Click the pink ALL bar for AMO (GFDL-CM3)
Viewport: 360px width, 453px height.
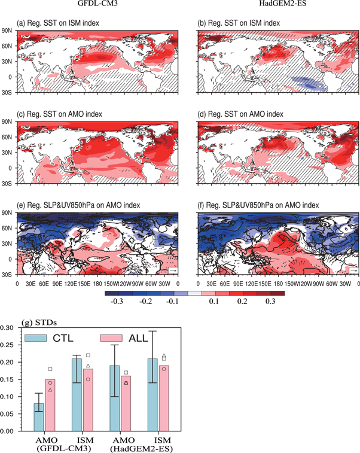point(51,405)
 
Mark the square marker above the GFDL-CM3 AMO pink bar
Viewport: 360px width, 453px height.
point(51,369)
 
